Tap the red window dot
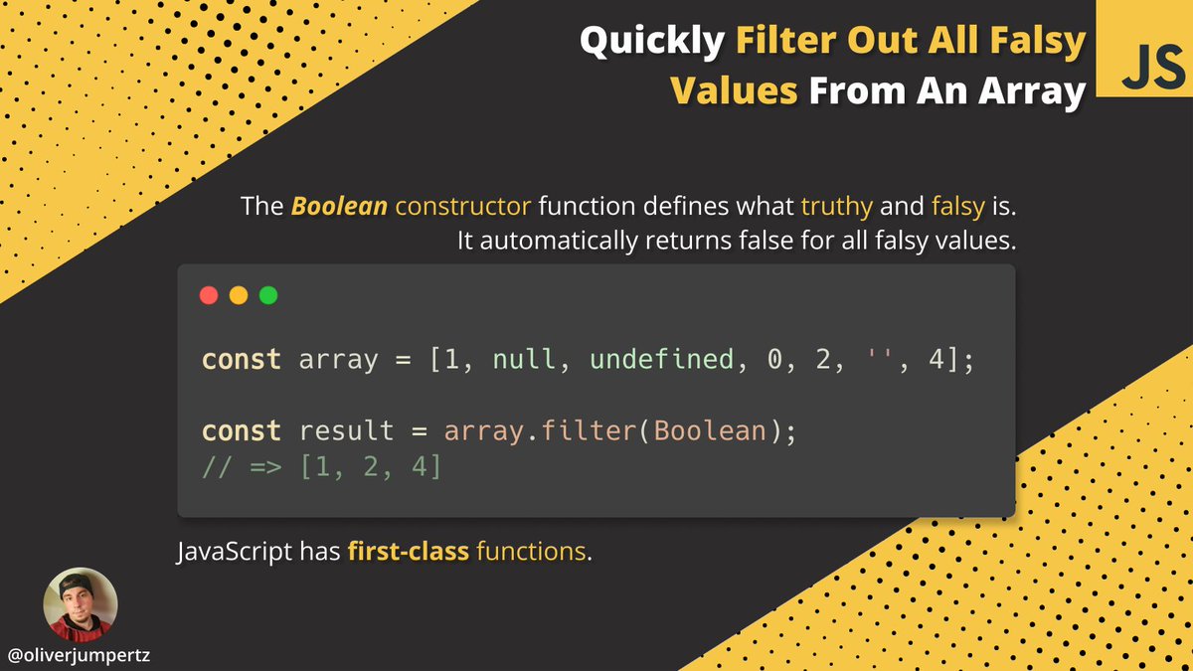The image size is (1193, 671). click(209, 295)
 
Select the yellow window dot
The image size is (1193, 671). click(239, 295)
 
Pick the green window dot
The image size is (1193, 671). click(268, 295)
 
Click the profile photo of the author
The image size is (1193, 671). click(81, 604)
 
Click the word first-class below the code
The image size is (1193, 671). click(409, 551)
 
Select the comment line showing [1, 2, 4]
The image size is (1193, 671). click(321, 465)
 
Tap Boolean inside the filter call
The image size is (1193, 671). click(709, 431)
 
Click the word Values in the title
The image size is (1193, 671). click(734, 91)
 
